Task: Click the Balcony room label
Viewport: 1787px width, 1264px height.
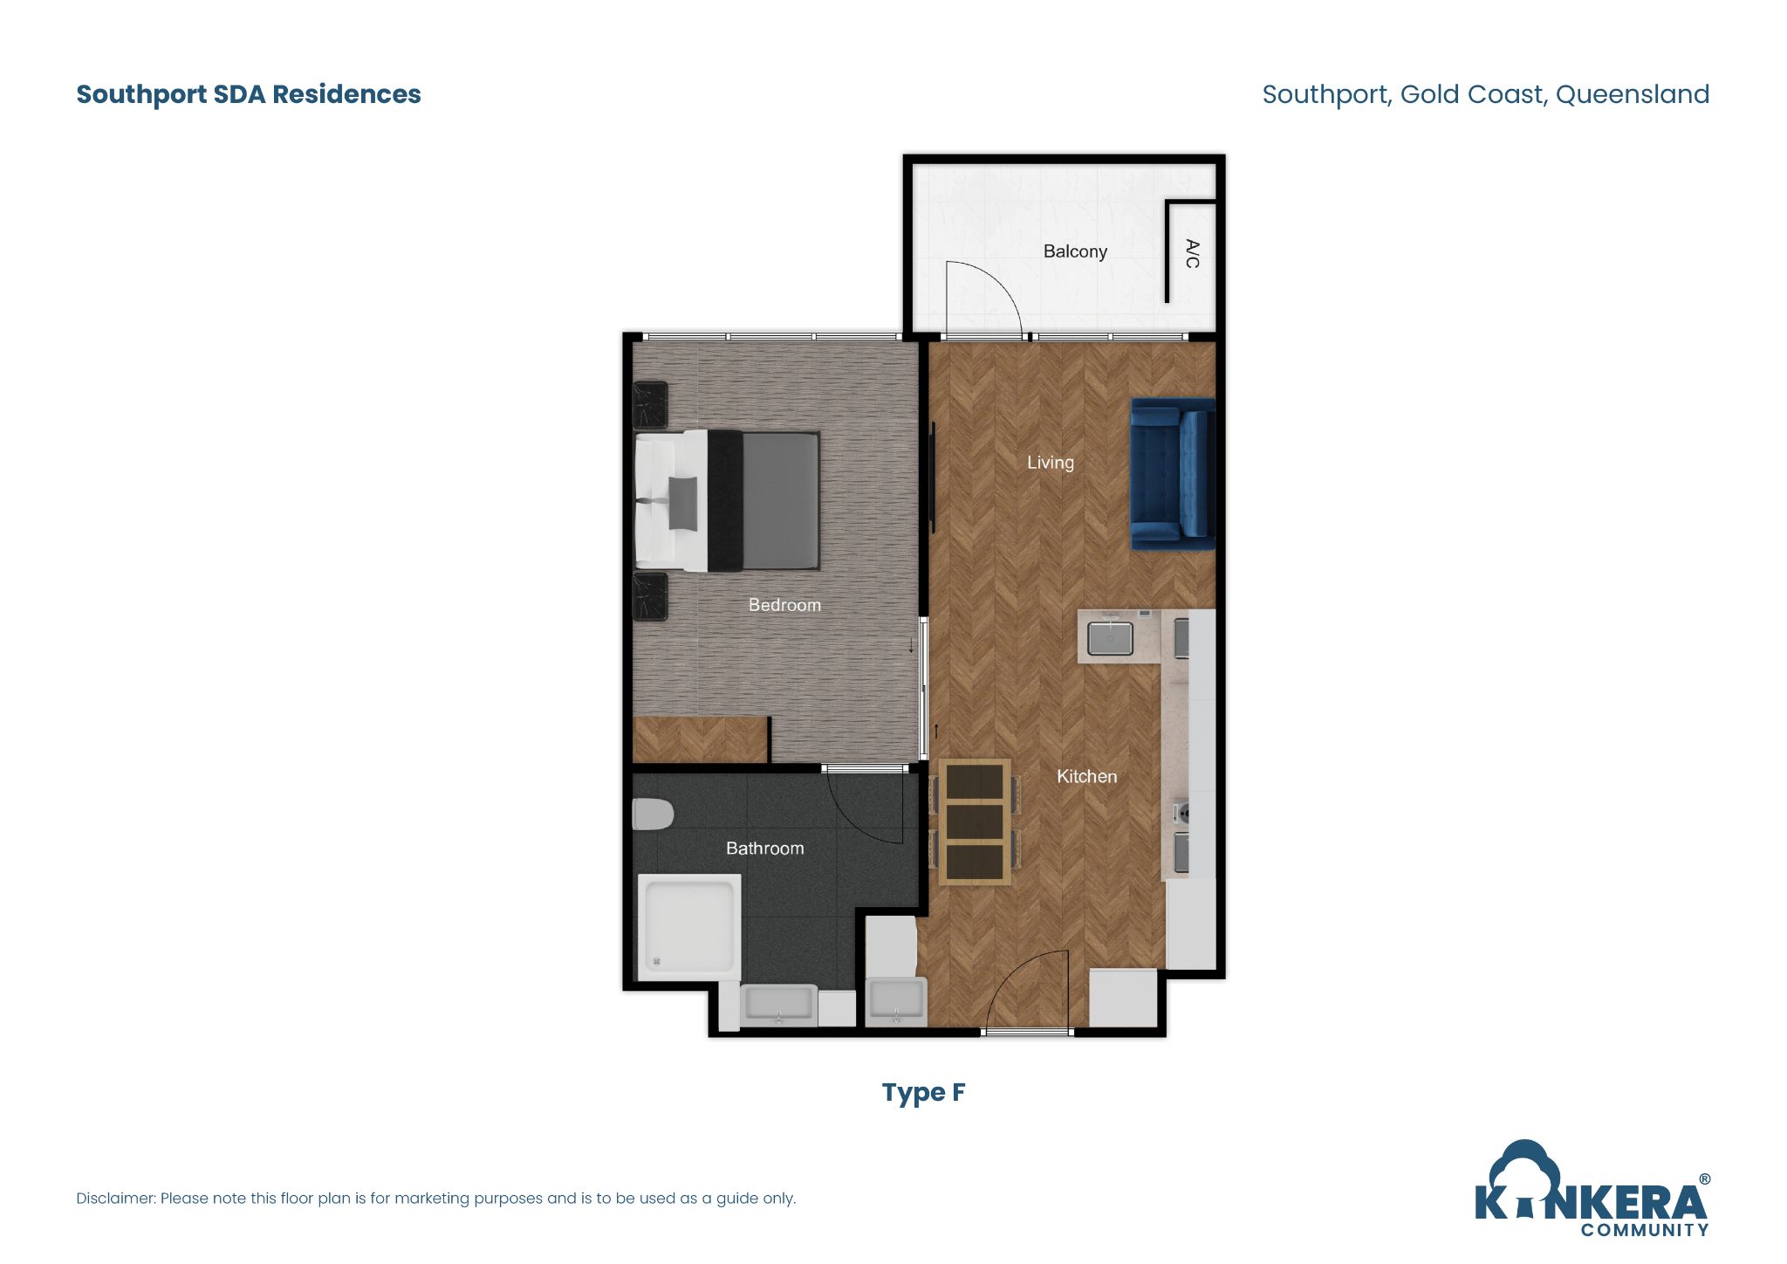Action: point(1075,251)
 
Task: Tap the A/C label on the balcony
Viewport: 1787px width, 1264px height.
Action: point(1192,253)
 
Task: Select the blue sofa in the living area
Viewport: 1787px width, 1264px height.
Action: point(1172,474)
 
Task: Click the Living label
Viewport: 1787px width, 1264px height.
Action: point(1050,463)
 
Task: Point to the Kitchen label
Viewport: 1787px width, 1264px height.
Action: point(1086,776)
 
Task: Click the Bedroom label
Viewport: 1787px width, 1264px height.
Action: point(784,605)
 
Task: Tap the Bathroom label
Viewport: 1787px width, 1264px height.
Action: point(764,848)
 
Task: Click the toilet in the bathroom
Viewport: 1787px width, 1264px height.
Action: point(653,814)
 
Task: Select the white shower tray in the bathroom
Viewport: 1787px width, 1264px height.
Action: point(689,927)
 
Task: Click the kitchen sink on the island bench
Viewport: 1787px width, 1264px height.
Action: point(1110,637)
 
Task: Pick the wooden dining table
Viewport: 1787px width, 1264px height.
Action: point(975,821)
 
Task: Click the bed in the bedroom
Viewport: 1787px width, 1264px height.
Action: point(727,501)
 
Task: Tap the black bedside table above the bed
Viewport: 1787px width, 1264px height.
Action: point(650,405)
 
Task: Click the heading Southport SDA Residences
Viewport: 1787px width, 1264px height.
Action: point(249,94)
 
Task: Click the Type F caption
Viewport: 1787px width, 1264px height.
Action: point(923,1092)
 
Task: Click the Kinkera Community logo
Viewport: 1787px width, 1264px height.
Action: point(1592,1192)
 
